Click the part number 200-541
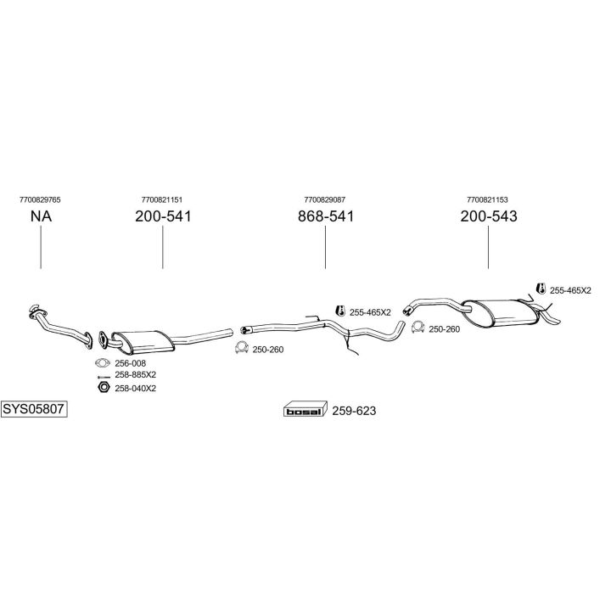click(163, 216)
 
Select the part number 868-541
click(326, 216)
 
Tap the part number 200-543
click(489, 216)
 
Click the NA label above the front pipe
click(41, 216)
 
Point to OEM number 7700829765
click(40, 200)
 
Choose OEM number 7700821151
click(162, 200)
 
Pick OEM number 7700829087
click(324, 200)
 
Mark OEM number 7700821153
click(487, 200)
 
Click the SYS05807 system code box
click(34, 409)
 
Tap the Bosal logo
click(305, 409)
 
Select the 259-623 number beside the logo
click(354, 411)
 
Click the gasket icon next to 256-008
click(103, 363)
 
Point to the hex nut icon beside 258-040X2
click(104, 387)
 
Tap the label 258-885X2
click(135, 375)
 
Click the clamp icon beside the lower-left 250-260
click(242, 348)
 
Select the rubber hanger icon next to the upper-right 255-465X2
click(541, 289)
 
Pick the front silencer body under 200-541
click(143, 341)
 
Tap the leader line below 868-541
click(325, 247)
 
